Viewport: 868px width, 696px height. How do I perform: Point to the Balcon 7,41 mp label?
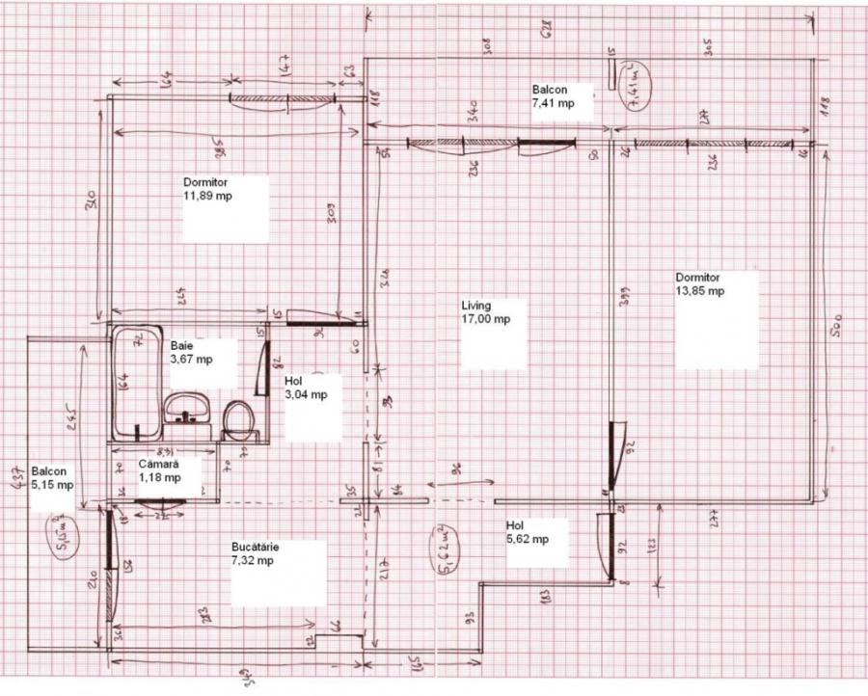pos(553,96)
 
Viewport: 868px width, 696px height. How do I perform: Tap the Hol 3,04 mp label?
pos(306,388)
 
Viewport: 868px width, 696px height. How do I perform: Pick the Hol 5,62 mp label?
pos(528,532)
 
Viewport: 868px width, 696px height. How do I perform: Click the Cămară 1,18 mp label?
pos(159,470)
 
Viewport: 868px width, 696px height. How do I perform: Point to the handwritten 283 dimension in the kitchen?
pos(206,616)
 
